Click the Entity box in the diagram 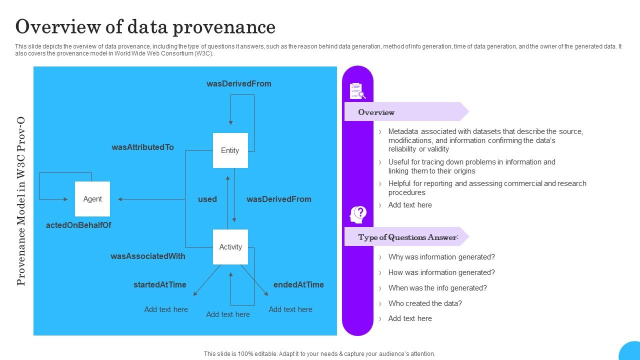pos(230,150)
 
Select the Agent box pos(92,199)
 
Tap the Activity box pos(230,247)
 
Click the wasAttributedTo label pos(142,147)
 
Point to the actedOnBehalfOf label pos(78,225)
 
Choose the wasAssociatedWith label pos(147,256)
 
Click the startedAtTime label pos(159,285)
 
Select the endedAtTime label pos(298,285)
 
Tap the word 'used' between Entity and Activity pos(207,199)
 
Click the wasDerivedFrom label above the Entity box pos(239,84)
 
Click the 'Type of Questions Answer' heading pos(407,237)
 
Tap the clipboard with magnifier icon pos(357,91)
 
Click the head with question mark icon pos(357,215)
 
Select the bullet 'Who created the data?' pos(425,303)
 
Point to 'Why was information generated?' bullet pos(441,257)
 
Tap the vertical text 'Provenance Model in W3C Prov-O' pos(21,201)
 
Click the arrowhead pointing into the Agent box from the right pos(120,199)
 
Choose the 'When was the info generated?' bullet pos(437,288)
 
